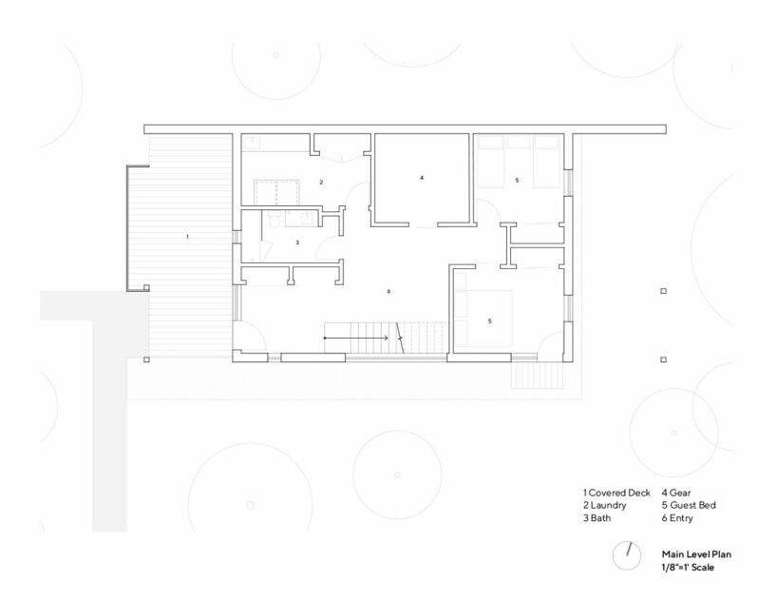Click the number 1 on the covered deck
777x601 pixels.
[187, 235]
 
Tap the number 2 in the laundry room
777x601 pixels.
[321, 182]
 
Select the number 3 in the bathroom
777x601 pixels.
[296, 243]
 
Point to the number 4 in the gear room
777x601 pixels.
[421, 178]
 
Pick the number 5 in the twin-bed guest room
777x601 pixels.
[517, 180]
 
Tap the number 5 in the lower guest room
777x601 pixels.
[489, 321]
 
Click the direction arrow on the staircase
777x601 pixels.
[357, 338]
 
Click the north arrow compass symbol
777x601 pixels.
[627, 554]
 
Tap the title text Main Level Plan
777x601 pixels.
[697, 552]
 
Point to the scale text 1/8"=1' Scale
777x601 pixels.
[687, 567]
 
